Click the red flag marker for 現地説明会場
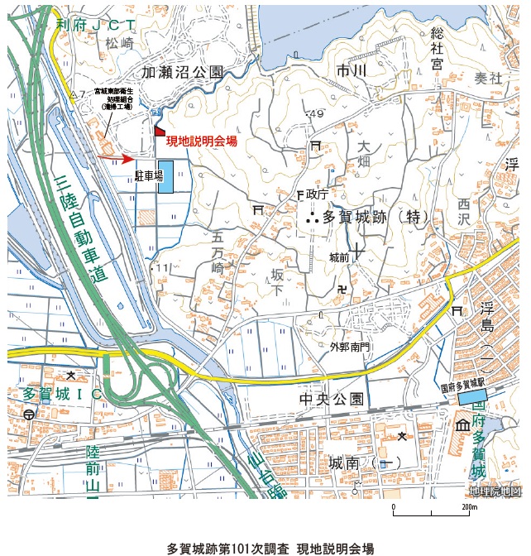pos(159,132)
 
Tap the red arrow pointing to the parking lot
pos(115,158)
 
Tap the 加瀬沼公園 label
pos(182,74)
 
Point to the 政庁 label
pos(318,194)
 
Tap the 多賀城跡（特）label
pos(372,218)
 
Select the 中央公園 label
pos(331,400)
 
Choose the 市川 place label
pos(351,72)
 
